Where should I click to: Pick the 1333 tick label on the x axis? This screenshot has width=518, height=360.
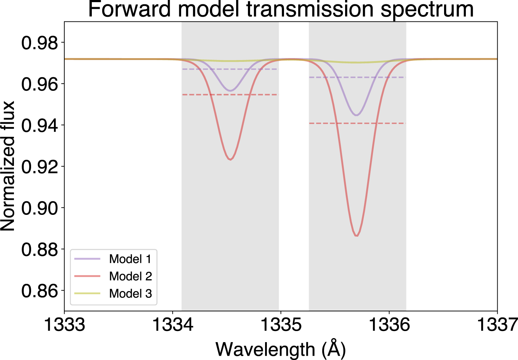(64, 325)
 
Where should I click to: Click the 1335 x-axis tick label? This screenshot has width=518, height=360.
(281, 325)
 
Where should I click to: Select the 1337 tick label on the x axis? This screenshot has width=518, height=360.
(497, 325)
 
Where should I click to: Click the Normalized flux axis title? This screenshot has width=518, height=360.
(8, 166)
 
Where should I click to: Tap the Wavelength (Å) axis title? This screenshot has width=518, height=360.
(281, 349)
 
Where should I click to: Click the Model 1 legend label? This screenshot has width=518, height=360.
(130, 259)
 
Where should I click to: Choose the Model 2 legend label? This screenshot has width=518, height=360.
(130, 276)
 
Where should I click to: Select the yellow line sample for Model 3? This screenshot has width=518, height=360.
(88, 294)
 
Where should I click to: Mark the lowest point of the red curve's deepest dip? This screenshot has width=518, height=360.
(356, 236)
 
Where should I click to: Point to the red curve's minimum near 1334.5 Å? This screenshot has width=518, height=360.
(230, 159)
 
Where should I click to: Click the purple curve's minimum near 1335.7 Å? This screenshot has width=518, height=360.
(356, 115)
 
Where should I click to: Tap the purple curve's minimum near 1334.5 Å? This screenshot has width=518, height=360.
(230, 90)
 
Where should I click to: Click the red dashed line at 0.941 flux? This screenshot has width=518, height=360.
(357, 123)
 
